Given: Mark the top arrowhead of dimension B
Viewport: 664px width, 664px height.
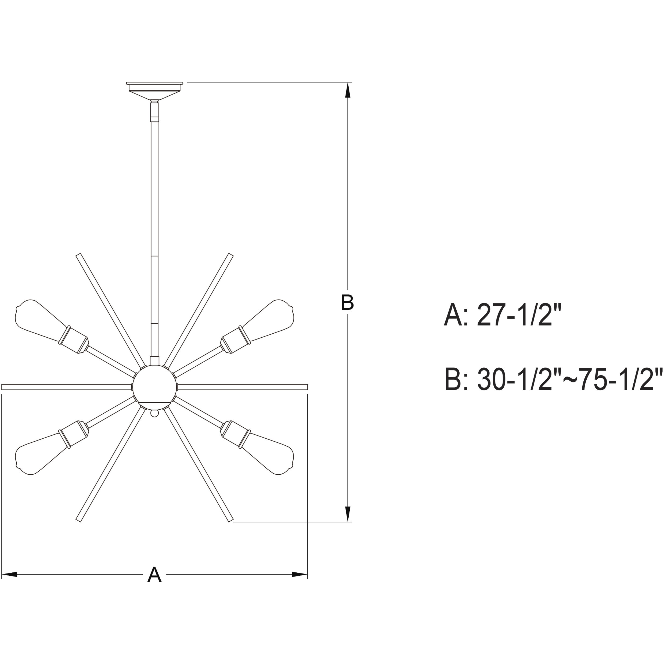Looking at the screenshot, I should coord(348,91).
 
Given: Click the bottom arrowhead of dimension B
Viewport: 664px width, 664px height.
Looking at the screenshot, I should coord(348,514).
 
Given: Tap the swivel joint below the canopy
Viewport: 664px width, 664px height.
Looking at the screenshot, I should coord(155,110).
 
